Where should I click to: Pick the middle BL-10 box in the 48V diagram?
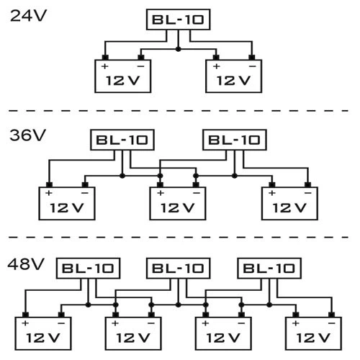pos(178,269)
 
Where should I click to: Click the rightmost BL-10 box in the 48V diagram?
pos(268,269)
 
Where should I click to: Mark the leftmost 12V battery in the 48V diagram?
pos(42,333)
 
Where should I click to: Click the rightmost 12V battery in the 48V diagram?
pos(312,333)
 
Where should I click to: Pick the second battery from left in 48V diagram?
pos(132,333)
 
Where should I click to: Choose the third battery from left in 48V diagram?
pos(222,333)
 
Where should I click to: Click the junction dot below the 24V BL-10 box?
pos(178,49)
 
